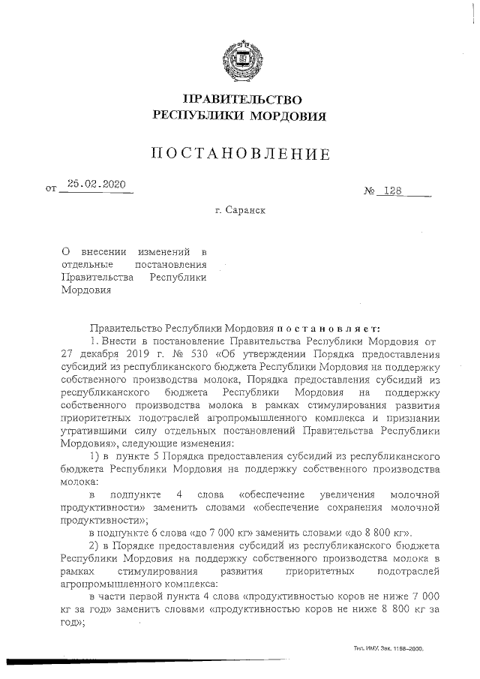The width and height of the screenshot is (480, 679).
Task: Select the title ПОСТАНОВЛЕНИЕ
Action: pyautogui.click(x=240, y=155)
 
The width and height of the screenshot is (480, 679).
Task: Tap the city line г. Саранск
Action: pyautogui.click(x=240, y=211)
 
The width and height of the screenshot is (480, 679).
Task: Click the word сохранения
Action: pyautogui.click(x=354, y=507)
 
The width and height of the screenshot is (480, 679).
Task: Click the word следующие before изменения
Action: pyautogui.click(x=151, y=443)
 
